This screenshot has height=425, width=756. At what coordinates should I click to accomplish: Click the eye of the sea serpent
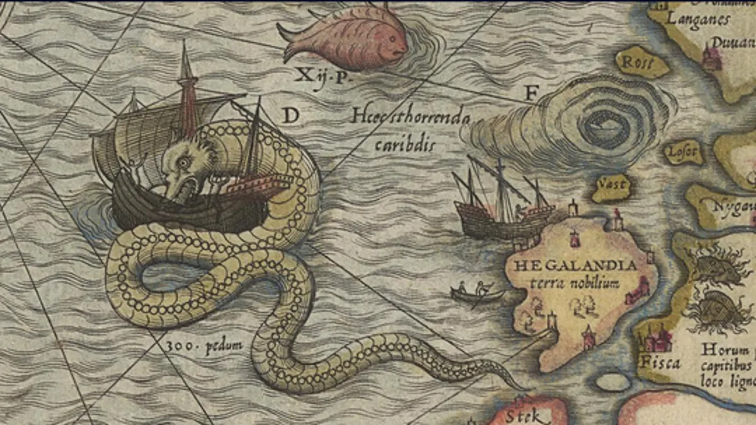click(183, 162)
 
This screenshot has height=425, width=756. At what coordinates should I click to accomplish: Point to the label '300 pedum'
click(197, 345)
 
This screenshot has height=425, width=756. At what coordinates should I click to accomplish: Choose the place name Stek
click(521, 416)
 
